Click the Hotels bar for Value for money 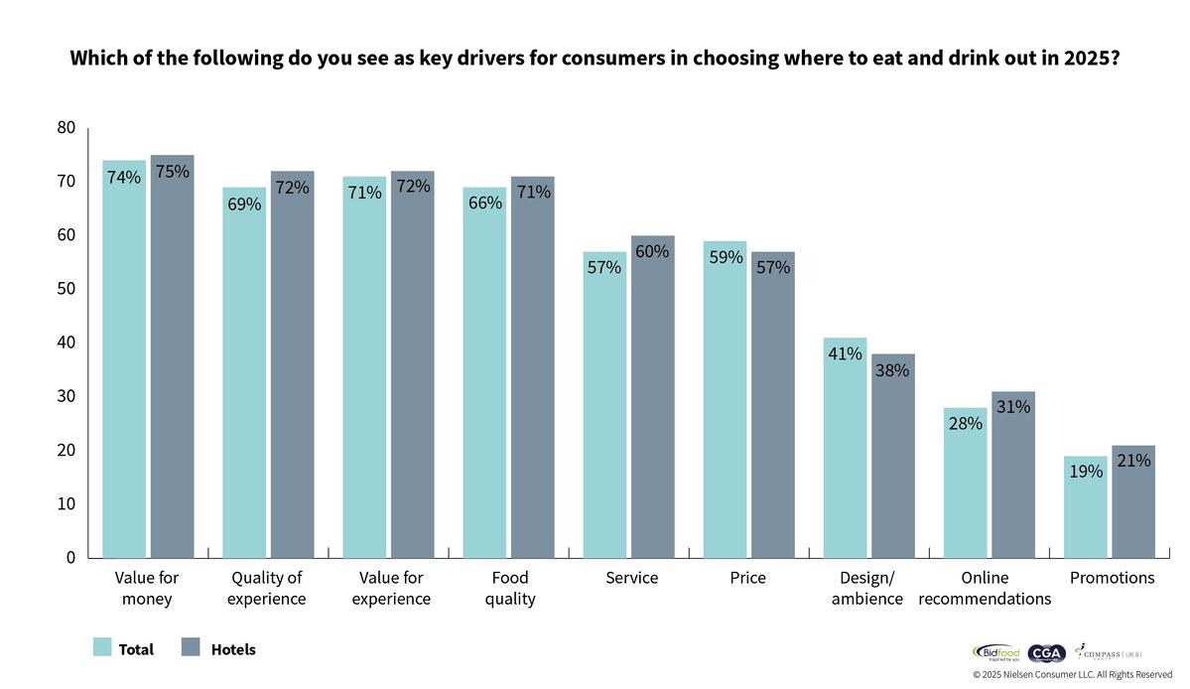172,357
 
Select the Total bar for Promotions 1085,506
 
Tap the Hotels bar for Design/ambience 893,457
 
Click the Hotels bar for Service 652,397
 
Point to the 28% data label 965,424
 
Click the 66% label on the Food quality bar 484,204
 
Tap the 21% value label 1133,461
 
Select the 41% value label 845,353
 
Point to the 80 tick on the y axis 66,127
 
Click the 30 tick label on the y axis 66,396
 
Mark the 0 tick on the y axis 70,558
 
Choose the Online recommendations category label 985,589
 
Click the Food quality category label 510,589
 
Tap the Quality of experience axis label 266,589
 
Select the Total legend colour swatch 102,648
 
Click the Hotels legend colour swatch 192,648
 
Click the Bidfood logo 995,653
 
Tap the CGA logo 1046,653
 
